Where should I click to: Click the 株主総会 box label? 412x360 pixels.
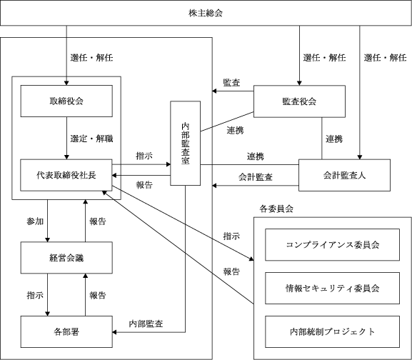[206, 13]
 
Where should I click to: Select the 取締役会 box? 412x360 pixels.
[66, 101]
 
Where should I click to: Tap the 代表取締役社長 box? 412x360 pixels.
[66, 175]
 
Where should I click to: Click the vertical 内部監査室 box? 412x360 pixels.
[185, 143]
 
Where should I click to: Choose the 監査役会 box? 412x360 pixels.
[299, 101]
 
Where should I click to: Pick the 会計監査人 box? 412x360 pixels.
[344, 175]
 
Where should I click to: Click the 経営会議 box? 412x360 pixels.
[66, 258]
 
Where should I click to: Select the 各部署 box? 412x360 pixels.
[66, 331]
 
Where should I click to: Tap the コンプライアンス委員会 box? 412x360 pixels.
[333, 244]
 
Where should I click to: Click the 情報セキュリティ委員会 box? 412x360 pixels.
[333, 289]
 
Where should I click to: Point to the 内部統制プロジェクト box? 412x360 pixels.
[333, 331]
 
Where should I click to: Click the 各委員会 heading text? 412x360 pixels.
[276, 209]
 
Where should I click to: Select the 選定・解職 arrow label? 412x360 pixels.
[91, 139]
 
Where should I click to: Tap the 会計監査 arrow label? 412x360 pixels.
[256, 177]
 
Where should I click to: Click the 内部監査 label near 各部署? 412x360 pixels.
[146, 324]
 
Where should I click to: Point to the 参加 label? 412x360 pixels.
[35, 221]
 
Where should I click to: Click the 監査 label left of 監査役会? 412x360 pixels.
[231, 83]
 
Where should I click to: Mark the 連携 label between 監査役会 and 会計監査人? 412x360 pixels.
[334, 139]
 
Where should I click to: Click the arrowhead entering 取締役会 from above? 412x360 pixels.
[66, 83]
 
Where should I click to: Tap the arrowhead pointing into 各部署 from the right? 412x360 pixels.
[114, 332]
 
